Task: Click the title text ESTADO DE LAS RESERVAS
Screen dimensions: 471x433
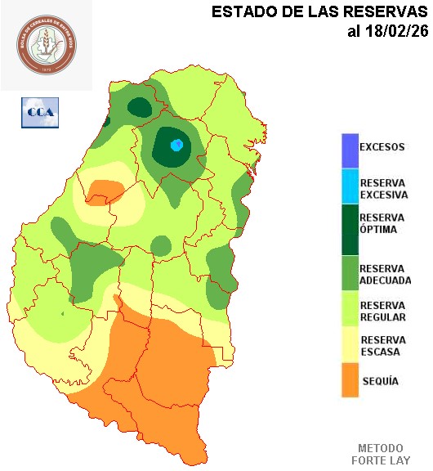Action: tap(319, 12)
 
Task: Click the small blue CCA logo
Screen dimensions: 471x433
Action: tap(40, 112)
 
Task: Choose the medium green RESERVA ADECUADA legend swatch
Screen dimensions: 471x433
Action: tap(350, 274)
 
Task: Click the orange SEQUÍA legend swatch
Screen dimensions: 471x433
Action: tap(350, 380)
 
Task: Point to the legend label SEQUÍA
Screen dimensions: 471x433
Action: tap(380, 381)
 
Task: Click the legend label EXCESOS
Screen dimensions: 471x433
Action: tap(382, 147)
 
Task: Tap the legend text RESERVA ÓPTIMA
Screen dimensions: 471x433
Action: tap(382, 223)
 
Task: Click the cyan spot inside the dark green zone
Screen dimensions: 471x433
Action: tap(176, 146)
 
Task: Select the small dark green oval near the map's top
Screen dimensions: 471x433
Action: tap(140, 106)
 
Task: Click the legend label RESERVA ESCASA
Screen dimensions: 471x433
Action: tap(383, 346)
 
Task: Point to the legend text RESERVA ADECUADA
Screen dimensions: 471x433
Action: tap(386, 274)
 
